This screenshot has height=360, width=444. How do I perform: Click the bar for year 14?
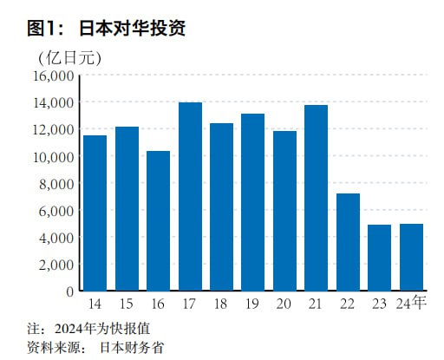pos(95,213)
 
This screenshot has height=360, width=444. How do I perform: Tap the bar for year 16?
pos(158,220)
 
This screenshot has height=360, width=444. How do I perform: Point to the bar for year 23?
pos(379,257)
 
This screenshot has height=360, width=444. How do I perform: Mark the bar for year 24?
pos(411,257)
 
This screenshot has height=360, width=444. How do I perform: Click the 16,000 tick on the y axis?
pos(52,75)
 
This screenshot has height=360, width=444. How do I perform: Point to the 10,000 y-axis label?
pos(52,156)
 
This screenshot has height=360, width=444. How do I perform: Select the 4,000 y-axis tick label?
pos(55,237)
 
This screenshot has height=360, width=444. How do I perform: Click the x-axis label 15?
pos(127,304)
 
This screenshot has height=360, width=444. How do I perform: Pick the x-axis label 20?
pos(284,304)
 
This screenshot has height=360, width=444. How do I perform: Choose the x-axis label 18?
pos(221,304)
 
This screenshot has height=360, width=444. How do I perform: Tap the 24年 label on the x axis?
pos(411,303)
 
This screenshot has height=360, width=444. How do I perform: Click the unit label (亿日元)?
pos(69,57)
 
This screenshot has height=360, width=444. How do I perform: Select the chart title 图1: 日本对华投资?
pos(107,28)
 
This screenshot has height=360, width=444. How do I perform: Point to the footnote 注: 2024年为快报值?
pos(96,329)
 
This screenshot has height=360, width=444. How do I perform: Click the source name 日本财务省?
pos(130,347)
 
